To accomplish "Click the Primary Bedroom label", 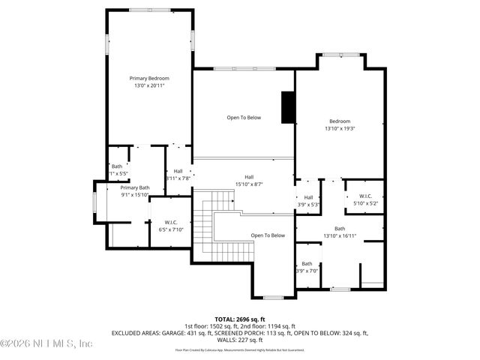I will click(148, 79).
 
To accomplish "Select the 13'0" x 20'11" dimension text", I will click(148, 85).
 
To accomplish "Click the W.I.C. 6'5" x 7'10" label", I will click(170, 226).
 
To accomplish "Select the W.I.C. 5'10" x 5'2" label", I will click(365, 199).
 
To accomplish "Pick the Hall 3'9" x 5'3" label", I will click(308, 200).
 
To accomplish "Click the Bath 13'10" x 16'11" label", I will click(340, 232).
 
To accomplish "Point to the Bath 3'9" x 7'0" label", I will click(307, 266).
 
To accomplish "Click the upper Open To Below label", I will click(244, 118).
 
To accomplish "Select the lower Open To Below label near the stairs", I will click(268, 235).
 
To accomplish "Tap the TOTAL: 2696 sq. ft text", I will click(240, 319).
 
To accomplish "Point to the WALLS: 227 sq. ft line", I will click(240, 339).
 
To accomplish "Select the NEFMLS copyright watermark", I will click(46, 343).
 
